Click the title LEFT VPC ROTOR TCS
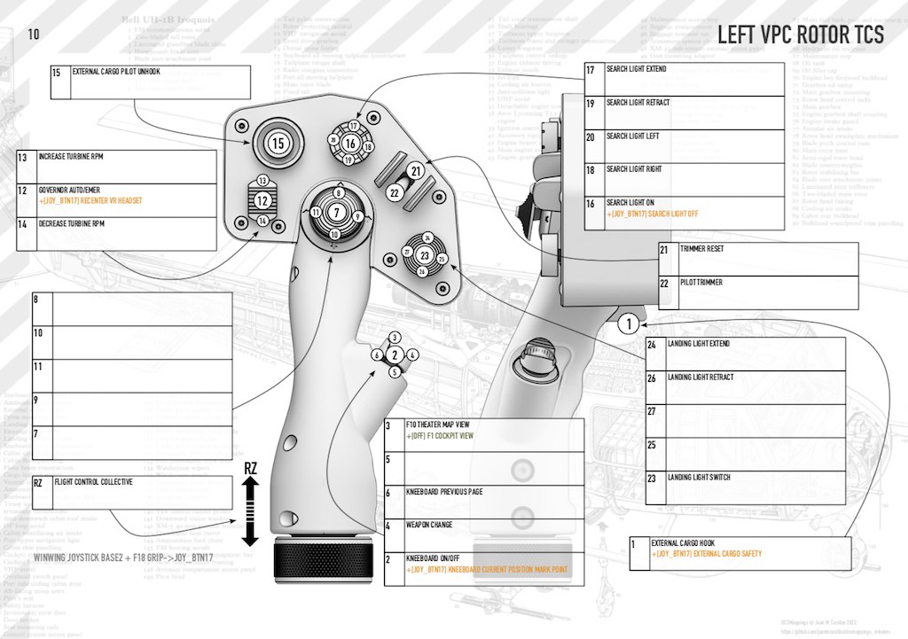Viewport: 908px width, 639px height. pos(800,35)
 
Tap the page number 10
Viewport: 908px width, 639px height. pos(34,35)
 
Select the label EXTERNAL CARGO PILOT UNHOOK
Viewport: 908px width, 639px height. pos(116,72)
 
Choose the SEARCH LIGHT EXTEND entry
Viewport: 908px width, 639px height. pos(638,69)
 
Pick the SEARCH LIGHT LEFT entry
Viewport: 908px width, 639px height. pos(633,136)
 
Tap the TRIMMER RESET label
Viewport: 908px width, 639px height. pos(702,249)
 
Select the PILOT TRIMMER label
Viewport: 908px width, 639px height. pos(701,282)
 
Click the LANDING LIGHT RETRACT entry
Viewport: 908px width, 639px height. pos(701,378)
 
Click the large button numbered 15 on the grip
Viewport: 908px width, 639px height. pos(278,142)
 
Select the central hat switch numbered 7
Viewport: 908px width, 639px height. pos(336,212)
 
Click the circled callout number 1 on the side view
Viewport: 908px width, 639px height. pos(627,323)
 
